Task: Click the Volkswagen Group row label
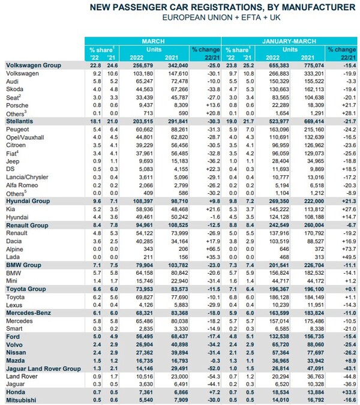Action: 31,64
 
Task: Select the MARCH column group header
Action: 154,41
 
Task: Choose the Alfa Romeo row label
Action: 22,185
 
